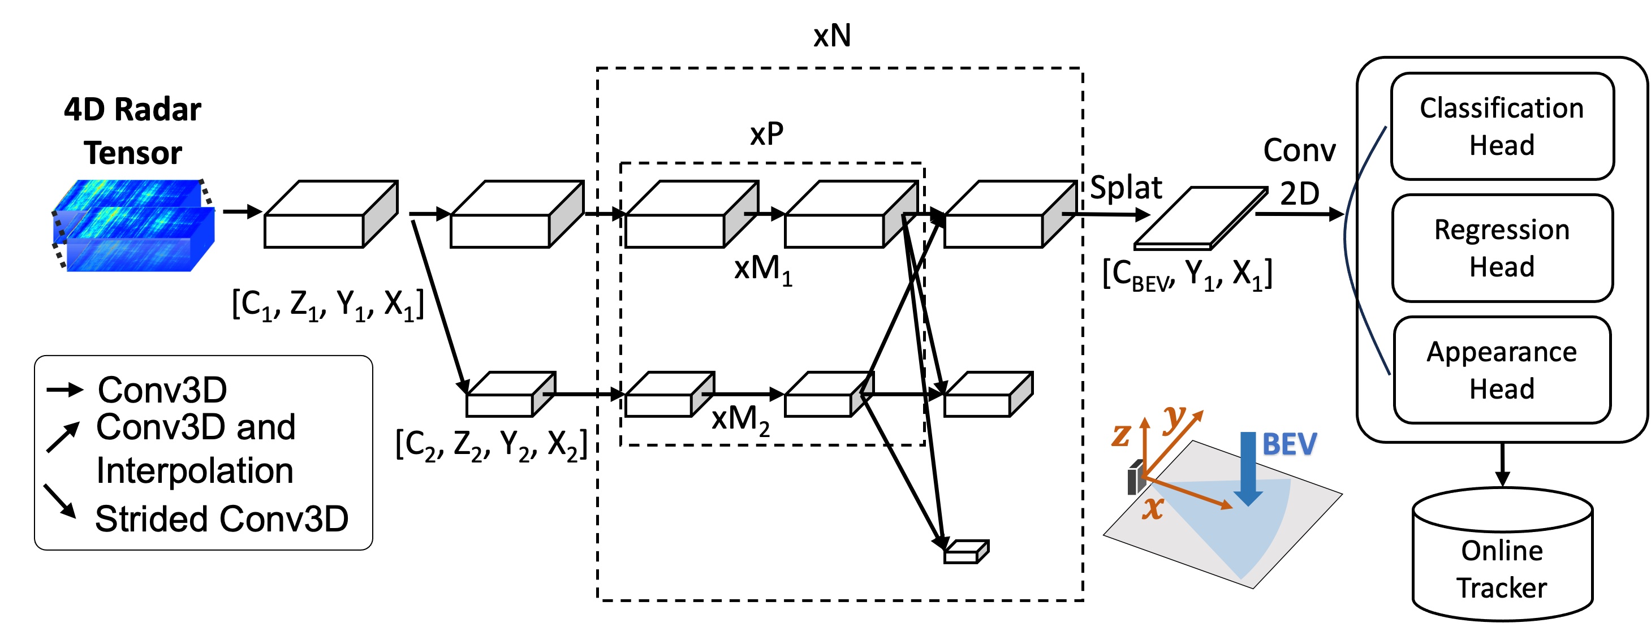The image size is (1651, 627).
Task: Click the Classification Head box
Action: (x=1501, y=126)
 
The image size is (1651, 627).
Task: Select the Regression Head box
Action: (x=1501, y=248)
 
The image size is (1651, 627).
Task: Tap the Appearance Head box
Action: (x=1501, y=370)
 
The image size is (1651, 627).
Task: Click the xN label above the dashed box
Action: (x=832, y=36)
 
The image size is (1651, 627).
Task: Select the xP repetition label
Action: (x=766, y=134)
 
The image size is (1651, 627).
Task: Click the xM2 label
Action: (x=740, y=420)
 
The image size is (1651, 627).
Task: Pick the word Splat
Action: (x=1126, y=188)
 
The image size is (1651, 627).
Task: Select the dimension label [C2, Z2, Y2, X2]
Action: (x=491, y=444)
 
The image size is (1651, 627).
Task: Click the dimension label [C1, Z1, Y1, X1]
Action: (x=327, y=304)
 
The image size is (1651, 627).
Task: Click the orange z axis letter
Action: (x=1120, y=435)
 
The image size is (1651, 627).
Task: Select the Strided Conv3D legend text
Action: (x=221, y=519)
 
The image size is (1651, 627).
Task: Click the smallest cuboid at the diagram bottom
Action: (x=966, y=551)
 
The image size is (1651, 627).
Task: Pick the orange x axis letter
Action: (x=1152, y=508)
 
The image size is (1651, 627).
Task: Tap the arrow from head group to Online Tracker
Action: (x=1502, y=465)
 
